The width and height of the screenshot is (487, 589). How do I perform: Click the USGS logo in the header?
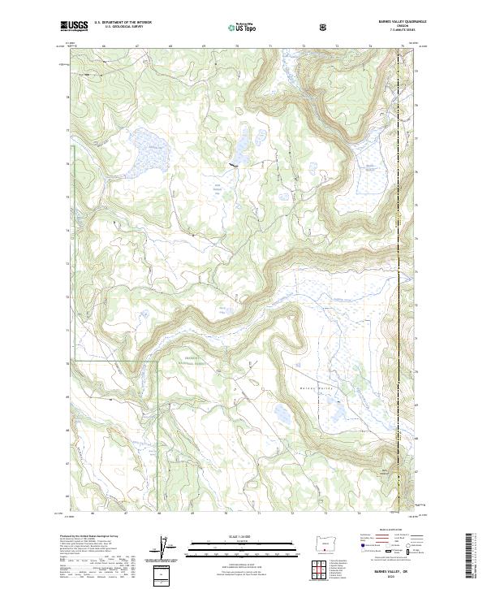pos(75,26)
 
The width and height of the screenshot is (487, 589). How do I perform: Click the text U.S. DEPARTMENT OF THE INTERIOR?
pos(123,23)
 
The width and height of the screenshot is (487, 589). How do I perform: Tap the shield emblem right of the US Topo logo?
pos(325,27)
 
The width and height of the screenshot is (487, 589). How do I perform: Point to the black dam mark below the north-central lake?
pos(235,165)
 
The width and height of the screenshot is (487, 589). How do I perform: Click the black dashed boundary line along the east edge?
pos(399,325)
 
